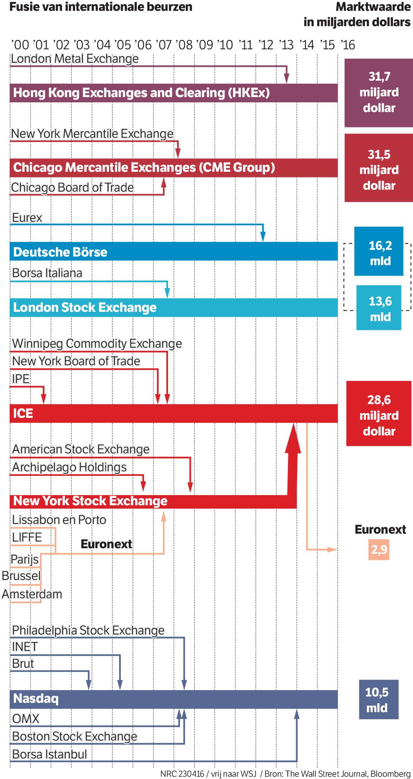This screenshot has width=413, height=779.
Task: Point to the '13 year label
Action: coord(286,45)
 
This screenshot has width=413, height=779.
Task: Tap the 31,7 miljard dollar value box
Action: coord(379,93)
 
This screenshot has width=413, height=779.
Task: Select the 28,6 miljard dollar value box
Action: coord(379,413)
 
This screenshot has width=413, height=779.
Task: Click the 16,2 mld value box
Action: coord(379,251)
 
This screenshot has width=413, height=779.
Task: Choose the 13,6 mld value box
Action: coord(379,307)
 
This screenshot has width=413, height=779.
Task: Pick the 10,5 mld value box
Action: coord(379,699)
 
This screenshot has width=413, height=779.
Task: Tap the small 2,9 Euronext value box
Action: coord(379,549)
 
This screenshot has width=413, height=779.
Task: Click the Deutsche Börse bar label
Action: coord(60,252)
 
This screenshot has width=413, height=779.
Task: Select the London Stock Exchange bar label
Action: coord(85,307)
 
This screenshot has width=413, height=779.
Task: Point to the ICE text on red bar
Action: coord(23,413)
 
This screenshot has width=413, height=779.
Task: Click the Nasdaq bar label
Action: coord(36,698)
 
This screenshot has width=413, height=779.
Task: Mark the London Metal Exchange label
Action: coord(75,59)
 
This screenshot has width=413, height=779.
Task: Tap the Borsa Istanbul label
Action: coord(50,754)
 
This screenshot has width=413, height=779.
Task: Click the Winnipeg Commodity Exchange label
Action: coord(97,344)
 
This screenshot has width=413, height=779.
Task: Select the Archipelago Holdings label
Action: coord(69,467)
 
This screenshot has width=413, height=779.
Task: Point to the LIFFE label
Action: coord(27,537)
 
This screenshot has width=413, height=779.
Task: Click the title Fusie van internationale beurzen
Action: coord(101,7)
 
